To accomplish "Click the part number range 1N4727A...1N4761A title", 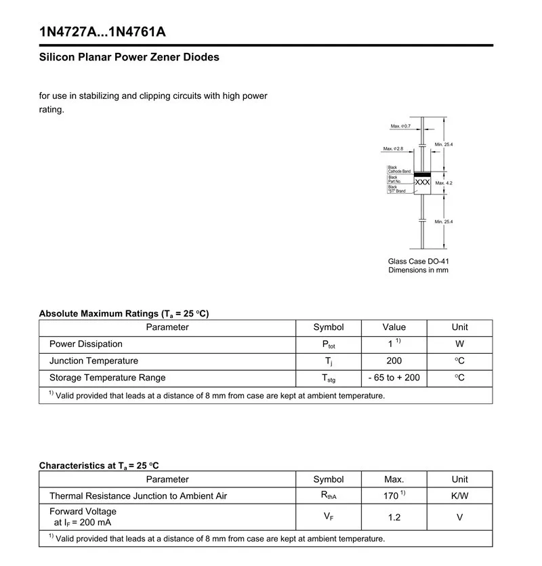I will point(102,32).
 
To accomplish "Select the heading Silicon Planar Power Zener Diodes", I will point(129,57).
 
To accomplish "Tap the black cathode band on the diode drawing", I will point(422,174).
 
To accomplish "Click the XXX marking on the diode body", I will point(422,183).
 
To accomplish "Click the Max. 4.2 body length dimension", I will point(444,183).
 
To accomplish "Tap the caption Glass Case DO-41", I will point(418,261).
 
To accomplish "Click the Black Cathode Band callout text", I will point(398,169).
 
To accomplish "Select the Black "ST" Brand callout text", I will point(397,189).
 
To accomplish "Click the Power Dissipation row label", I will point(86,344).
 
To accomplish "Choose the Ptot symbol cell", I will point(329,345).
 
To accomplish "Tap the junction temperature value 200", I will point(394,361).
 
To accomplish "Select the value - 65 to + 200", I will point(394,378).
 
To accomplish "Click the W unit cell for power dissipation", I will point(459,344).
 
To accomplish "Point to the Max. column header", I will point(394,479).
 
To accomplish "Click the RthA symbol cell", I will point(329,496).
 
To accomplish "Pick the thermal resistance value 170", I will point(393,496).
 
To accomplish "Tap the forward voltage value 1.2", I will point(394,517).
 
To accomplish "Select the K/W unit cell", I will point(459,496).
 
